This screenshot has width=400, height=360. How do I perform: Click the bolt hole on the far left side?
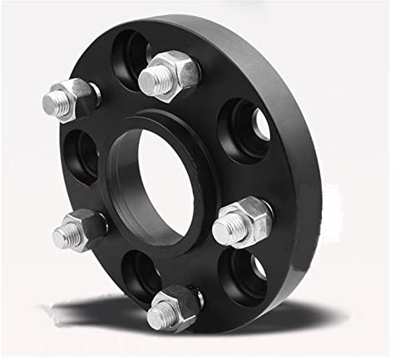(x=81, y=156)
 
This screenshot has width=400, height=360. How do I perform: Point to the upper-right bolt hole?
(x=244, y=129)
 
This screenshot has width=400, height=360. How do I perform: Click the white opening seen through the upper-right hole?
(x=260, y=125)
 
